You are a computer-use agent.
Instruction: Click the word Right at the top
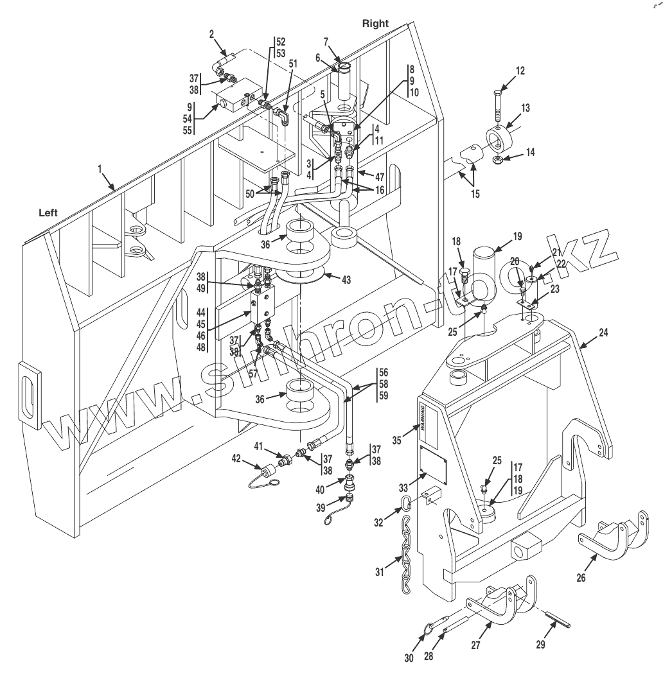point(375,23)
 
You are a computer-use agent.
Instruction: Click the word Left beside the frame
point(48,213)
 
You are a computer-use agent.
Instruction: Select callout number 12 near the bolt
point(520,71)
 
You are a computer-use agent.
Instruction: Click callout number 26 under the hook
point(581,577)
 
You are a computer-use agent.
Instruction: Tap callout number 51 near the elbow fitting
point(293,64)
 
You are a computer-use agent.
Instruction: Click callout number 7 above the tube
point(326,42)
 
